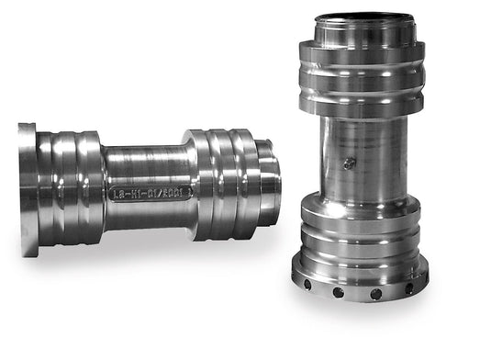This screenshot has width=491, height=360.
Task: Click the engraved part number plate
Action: (x=151, y=193)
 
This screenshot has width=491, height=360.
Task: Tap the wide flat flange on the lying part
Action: (x=27, y=188)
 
